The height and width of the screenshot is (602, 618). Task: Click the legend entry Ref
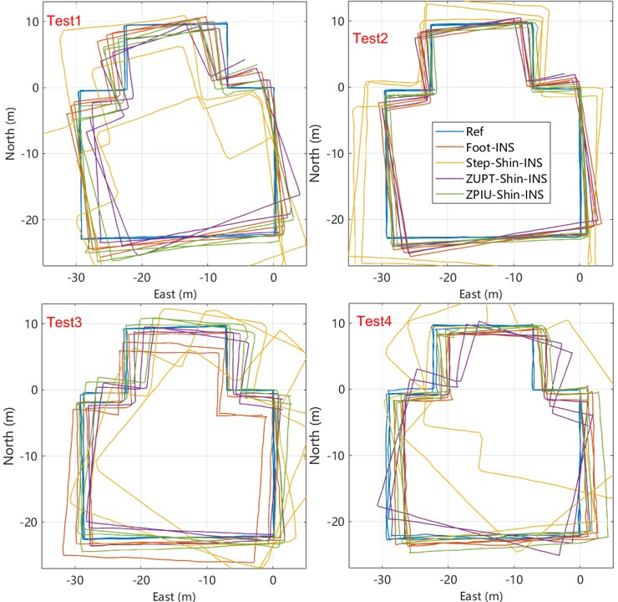(473, 131)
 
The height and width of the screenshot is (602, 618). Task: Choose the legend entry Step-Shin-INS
(498, 163)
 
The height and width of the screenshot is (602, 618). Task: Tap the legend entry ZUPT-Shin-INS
(500, 179)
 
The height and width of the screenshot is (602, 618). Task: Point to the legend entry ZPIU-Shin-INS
(499, 195)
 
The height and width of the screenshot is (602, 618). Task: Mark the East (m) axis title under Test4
(479, 595)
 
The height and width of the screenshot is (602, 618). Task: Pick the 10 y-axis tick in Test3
(31, 324)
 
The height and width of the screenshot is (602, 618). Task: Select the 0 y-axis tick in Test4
(340, 390)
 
